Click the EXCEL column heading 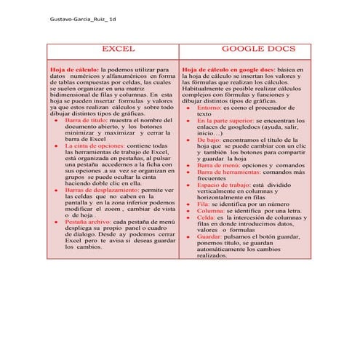click(116, 48)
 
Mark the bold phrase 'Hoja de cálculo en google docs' click(227, 68)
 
